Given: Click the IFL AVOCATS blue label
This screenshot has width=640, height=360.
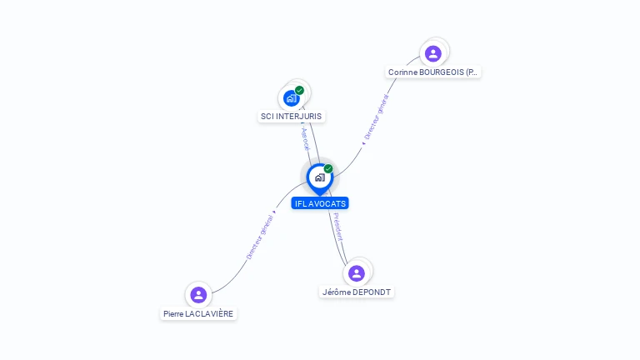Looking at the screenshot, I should click(x=320, y=203).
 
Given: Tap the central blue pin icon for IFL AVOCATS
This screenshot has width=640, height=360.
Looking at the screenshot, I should click(x=319, y=177).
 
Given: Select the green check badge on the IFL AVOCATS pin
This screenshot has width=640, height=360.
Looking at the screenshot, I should click(x=328, y=169).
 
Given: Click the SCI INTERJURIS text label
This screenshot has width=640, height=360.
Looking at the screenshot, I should click(x=291, y=117).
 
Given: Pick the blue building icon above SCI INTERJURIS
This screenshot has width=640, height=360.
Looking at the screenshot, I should click(x=291, y=97).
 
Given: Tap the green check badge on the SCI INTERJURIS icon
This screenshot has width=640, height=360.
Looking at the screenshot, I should click(x=299, y=90).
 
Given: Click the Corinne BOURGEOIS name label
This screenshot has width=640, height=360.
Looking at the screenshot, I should click(x=433, y=72).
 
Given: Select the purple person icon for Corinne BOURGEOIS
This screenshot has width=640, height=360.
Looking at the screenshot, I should click(x=432, y=53).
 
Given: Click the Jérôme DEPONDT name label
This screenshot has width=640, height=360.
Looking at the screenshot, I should click(x=357, y=292).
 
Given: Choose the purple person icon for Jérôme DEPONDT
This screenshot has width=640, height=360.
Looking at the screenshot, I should click(x=357, y=273).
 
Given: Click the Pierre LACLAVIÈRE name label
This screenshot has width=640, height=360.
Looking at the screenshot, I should click(x=198, y=314).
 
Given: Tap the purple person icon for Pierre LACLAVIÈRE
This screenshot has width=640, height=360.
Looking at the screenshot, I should click(x=198, y=294).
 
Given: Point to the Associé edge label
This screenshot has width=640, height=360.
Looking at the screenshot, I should click(x=305, y=138).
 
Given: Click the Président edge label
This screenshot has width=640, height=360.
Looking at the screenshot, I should click(x=337, y=227).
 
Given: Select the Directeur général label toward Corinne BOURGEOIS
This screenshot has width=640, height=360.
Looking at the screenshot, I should click(x=376, y=116).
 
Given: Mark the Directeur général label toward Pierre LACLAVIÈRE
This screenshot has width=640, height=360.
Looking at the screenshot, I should click(x=259, y=237).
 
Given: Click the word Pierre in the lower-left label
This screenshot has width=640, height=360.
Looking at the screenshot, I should click(x=173, y=314).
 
